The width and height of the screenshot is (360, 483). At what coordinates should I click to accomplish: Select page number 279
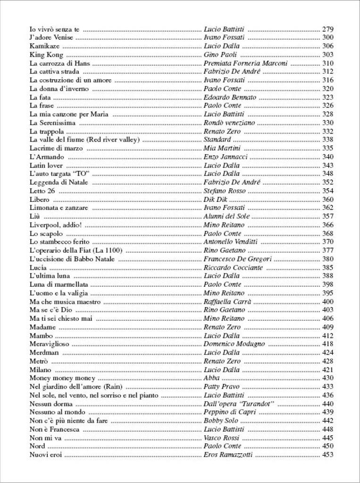[327, 29]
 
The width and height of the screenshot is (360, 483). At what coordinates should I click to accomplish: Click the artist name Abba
[211, 378]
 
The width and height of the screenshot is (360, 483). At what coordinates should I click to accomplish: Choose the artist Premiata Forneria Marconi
[245, 63]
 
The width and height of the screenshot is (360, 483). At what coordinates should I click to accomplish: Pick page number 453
[327, 455]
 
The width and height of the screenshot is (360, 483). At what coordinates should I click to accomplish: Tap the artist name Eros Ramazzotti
[228, 455]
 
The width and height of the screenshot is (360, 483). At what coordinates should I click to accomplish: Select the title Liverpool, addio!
[56, 225]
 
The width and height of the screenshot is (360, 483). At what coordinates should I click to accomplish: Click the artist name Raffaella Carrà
[227, 302]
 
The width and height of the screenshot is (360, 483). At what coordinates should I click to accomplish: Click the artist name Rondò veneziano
[229, 123]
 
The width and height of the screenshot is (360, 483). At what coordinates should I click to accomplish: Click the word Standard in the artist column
[217, 140]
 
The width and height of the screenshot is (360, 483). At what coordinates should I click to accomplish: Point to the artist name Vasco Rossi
[221, 438]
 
